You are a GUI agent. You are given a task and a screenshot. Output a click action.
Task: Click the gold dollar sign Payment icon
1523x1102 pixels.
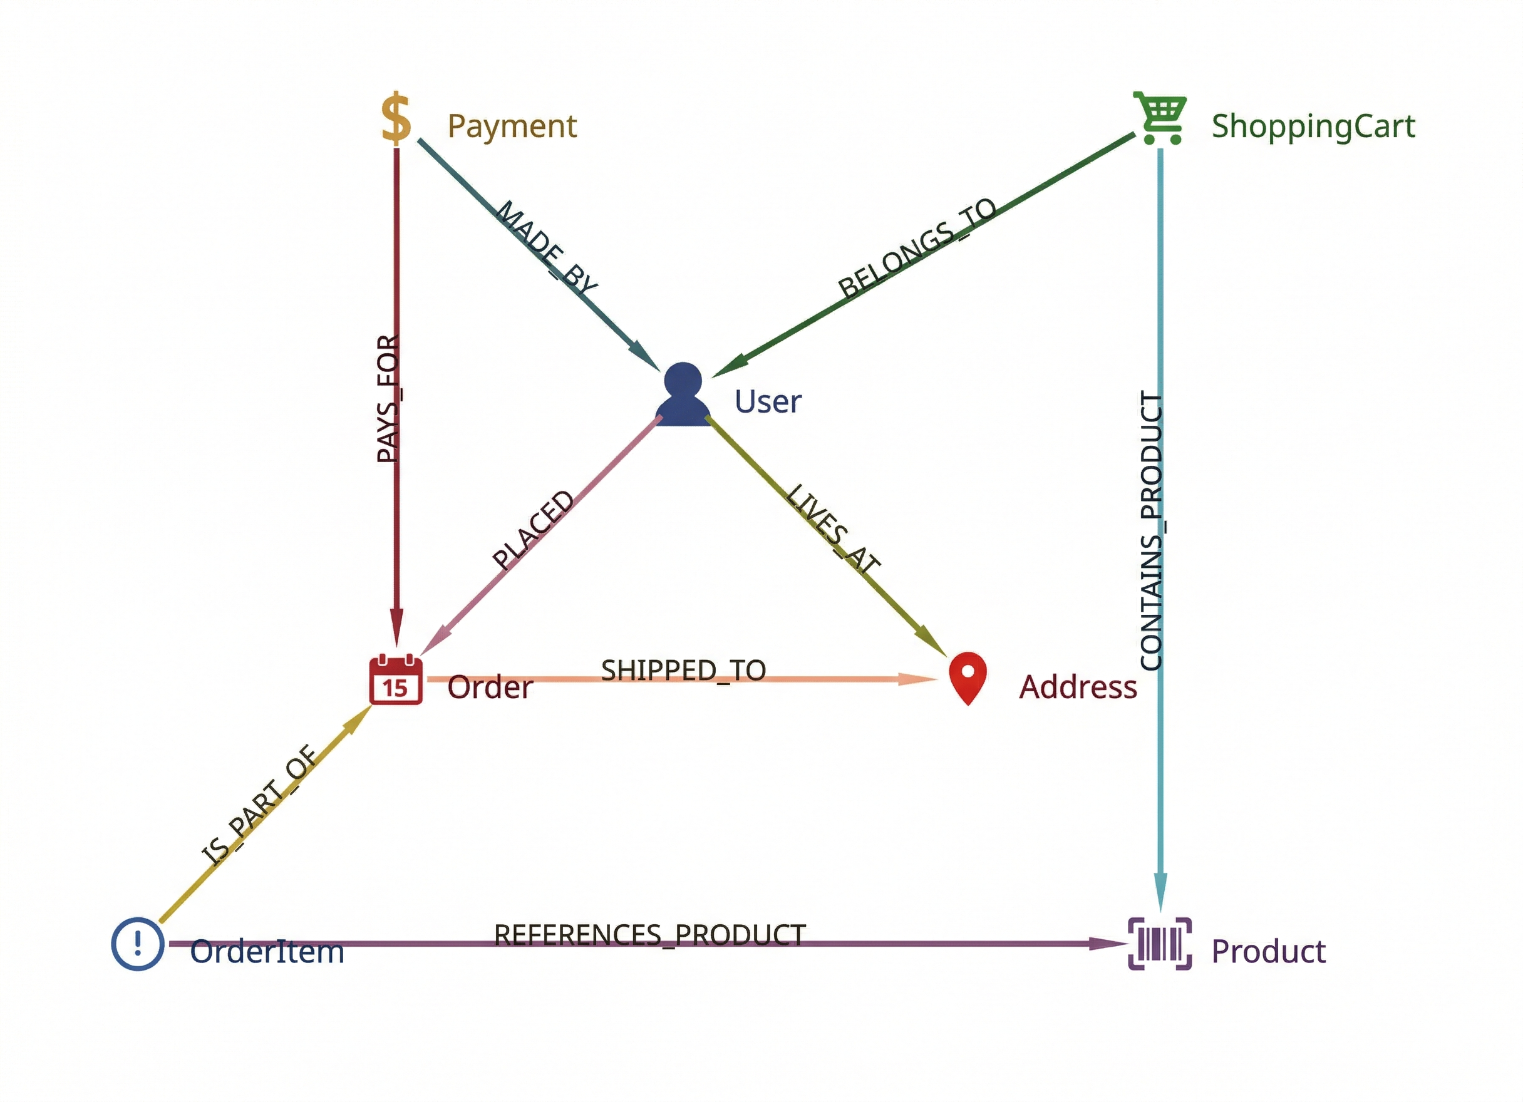coord(396,118)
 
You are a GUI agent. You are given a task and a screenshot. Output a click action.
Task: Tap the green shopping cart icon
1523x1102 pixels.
coord(1160,118)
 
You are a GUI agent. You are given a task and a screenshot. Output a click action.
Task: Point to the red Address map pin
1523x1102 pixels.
coord(968,677)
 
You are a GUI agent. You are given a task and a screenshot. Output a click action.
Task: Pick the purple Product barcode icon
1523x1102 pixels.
coord(1160,944)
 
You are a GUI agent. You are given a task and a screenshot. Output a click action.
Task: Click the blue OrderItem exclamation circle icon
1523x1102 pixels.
coord(138,944)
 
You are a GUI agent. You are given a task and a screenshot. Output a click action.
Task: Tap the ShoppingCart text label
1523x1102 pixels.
coord(1313,127)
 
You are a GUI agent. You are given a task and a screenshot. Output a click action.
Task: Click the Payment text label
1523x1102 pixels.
coord(512,127)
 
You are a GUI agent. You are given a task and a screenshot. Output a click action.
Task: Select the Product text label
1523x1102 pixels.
coord(1269,952)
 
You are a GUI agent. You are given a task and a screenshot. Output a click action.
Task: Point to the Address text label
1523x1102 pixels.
coord(1078,687)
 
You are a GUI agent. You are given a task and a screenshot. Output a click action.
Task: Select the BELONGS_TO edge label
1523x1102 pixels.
coord(917,248)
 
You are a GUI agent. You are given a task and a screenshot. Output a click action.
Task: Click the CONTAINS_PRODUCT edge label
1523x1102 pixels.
coord(1152,530)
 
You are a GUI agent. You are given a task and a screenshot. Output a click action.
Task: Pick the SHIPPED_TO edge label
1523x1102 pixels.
coord(683,671)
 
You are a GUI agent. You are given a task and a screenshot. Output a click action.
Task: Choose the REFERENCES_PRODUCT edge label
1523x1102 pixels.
coord(649,935)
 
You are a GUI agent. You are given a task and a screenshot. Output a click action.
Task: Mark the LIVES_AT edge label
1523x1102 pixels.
coord(832,529)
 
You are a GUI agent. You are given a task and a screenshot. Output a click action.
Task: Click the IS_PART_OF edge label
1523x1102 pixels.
coord(259,805)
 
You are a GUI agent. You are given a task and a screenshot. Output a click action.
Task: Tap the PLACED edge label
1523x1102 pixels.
coord(532,530)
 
